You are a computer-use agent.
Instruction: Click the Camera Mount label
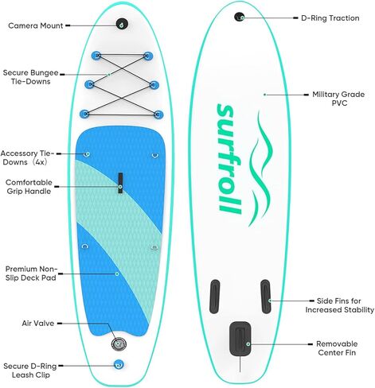tap(36, 25)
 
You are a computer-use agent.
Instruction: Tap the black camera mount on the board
tap(122, 24)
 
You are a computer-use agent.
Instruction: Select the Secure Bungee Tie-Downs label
tap(30, 77)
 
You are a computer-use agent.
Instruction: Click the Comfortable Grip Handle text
tap(29, 187)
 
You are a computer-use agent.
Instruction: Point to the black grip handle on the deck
tap(120, 183)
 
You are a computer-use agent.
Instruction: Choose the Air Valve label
tap(38, 324)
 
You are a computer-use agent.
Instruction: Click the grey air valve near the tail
tap(119, 344)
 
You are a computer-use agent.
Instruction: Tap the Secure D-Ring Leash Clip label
tap(30, 371)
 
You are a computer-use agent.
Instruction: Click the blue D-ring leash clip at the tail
tap(119, 365)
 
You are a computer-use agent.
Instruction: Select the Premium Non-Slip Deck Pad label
tap(31, 274)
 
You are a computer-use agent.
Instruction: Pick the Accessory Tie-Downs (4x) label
tap(27, 157)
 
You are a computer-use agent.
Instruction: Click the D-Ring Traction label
tap(330, 18)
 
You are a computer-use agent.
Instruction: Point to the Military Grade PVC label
tap(338, 99)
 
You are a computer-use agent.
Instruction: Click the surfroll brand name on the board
tap(229, 158)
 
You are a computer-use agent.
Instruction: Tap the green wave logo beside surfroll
tap(260, 169)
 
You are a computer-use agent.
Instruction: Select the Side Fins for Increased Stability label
tap(340, 305)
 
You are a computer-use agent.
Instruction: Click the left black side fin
tap(215, 297)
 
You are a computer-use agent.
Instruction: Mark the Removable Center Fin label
tap(337, 348)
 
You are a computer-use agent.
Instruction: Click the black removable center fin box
tap(240, 339)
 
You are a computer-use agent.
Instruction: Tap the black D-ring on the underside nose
tap(240, 17)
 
